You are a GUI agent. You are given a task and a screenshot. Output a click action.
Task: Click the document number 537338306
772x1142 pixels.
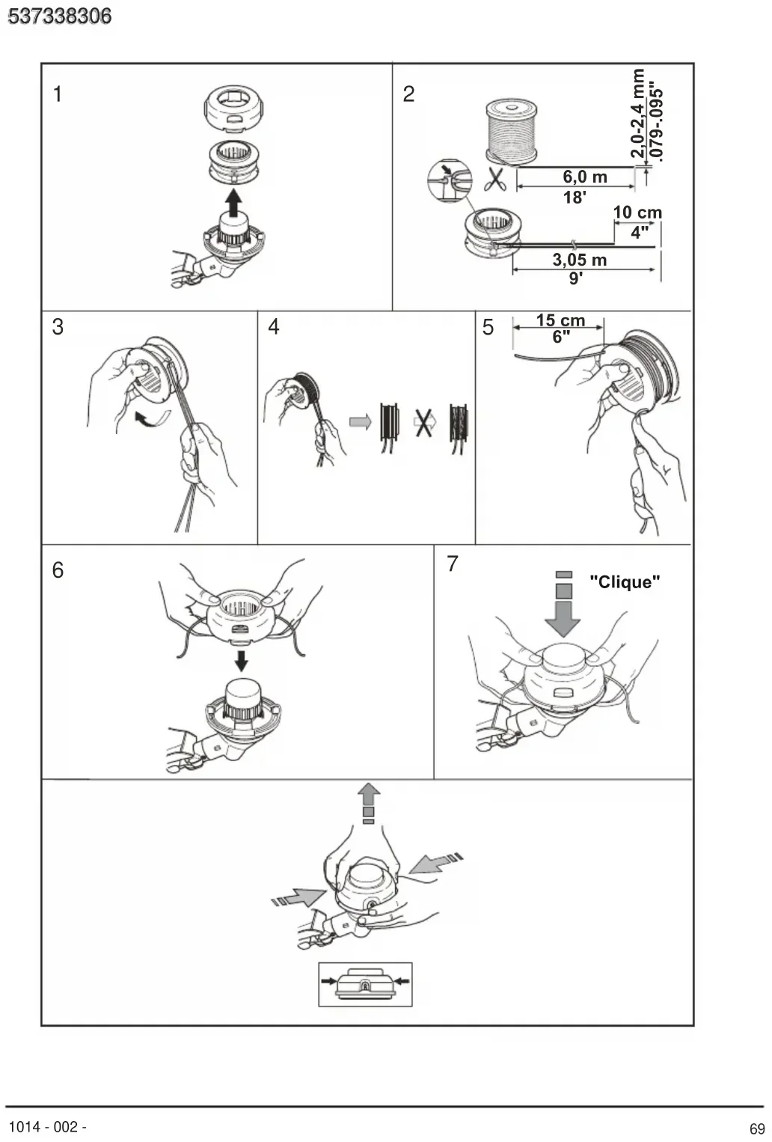[60, 16]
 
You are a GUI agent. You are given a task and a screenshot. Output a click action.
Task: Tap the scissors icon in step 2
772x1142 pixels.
[494, 179]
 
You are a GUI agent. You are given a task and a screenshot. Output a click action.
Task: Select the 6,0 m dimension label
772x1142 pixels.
[585, 177]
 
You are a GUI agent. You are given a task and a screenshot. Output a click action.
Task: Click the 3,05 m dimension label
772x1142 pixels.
[580, 260]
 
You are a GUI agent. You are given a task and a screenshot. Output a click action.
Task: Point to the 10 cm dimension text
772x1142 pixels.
[637, 212]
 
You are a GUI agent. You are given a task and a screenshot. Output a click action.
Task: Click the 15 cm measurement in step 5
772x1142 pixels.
[560, 320]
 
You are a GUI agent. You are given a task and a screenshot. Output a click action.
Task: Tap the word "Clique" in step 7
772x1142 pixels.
[625, 581]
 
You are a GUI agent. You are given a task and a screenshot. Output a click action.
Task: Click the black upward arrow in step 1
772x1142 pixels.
[234, 202]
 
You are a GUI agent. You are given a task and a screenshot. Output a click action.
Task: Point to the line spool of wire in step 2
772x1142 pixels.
[511, 132]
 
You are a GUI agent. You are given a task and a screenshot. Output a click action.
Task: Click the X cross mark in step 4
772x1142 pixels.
[423, 423]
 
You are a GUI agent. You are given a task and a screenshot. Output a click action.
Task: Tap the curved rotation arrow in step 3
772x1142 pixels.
[151, 417]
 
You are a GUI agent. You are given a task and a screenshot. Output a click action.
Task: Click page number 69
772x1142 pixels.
[757, 1129]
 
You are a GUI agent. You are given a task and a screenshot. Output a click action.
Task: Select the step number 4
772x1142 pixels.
[274, 327]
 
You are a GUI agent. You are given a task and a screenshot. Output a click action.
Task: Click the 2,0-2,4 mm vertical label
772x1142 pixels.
[638, 113]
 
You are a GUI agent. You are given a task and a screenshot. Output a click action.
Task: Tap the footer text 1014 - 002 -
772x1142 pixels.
[47, 1126]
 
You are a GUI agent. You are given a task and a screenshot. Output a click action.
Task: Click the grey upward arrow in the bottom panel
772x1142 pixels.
[369, 804]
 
